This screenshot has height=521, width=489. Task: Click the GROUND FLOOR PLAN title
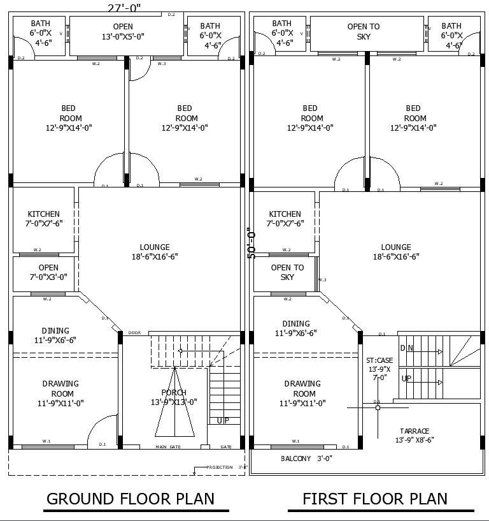tap(131, 499)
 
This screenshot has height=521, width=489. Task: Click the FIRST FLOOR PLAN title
tap(374, 499)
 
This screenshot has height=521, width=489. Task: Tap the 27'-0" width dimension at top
tap(124, 8)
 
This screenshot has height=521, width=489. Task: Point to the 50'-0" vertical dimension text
tap(251, 243)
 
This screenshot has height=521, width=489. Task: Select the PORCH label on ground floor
tap(174, 392)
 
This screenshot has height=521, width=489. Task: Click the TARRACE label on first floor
tap(415, 431)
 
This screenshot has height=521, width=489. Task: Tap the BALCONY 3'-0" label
tap(306, 459)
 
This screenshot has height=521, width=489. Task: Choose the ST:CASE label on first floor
tap(379, 360)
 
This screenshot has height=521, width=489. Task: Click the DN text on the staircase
tap(406, 348)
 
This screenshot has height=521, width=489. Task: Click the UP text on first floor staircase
tap(406, 379)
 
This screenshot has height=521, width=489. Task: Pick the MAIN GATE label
tap(168, 447)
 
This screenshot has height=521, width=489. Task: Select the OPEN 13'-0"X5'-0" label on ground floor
tap(124, 31)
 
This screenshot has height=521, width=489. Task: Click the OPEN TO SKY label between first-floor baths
tap(364, 31)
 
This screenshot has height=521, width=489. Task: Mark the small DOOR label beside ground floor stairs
tap(134, 333)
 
